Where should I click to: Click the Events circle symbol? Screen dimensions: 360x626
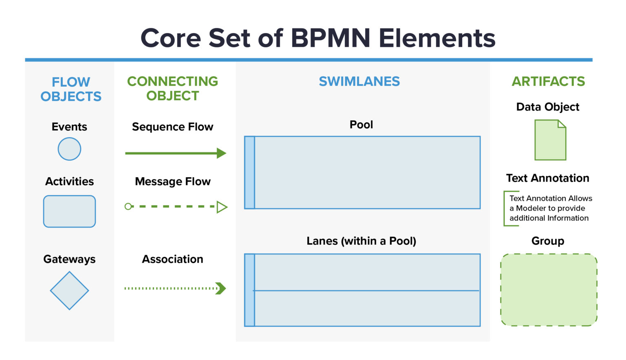(69, 149)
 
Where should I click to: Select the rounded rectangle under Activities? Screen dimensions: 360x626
(69, 211)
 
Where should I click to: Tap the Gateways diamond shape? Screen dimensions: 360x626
(69, 291)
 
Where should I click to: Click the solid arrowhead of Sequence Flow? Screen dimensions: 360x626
(221, 153)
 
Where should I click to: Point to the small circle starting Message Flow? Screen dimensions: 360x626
(128, 206)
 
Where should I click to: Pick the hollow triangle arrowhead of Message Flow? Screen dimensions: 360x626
(222, 207)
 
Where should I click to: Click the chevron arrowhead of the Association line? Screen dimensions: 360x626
(221, 288)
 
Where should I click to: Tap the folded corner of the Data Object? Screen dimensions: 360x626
(562, 124)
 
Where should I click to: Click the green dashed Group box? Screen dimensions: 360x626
(549, 290)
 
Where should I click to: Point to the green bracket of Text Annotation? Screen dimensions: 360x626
(505, 208)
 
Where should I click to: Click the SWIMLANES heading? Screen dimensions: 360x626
(359, 81)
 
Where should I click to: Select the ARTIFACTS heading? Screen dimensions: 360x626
(548, 81)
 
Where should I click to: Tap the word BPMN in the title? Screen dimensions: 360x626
(331, 38)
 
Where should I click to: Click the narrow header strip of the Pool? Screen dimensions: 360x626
(249, 173)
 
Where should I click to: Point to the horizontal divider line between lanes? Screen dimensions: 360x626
(367, 291)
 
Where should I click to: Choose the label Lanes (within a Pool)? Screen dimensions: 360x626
(361, 241)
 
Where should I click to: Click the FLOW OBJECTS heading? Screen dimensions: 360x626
(71, 89)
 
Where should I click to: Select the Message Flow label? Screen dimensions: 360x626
(173, 182)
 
